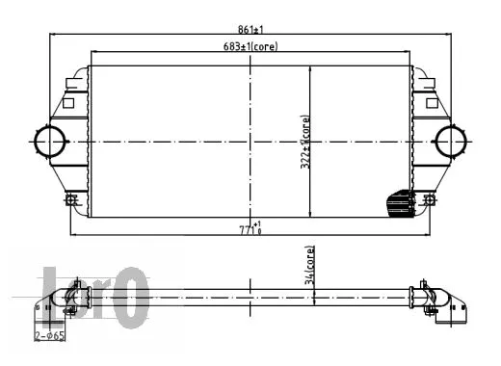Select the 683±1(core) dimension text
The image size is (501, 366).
pyautogui.click(x=249, y=47)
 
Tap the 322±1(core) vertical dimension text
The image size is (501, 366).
pyautogui.click(x=304, y=143)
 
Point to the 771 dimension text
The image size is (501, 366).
pyautogui.click(x=250, y=228)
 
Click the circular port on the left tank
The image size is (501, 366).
pyautogui.click(x=48, y=142)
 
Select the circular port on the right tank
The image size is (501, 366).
pyautogui.click(x=450, y=142)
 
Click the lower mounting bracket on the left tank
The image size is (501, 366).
pyautogui.click(x=70, y=199)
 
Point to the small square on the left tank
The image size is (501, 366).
pyautogui.click(x=68, y=101)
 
